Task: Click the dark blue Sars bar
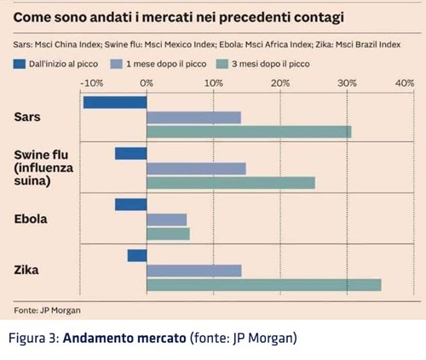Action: (115, 102)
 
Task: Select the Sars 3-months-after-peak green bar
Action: (249, 132)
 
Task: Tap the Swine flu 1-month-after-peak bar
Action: (196, 169)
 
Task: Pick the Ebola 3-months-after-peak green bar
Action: (168, 234)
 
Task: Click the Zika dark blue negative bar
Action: (137, 255)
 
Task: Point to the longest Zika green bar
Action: (264, 285)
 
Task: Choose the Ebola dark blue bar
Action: (131, 204)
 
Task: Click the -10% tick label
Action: (92, 83)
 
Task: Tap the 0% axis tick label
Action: (147, 83)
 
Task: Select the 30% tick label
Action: (347, 83)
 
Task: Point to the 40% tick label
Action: (405, 83)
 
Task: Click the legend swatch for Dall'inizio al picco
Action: (20, 64)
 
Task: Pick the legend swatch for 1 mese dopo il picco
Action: (116, 64)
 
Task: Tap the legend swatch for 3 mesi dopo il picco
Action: (222, 64)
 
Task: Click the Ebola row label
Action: (31, 219)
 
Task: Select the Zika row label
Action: (26, 270)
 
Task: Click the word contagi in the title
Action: (319, 18)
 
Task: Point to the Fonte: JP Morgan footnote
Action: (47, 311)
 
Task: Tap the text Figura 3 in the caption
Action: (33, 338)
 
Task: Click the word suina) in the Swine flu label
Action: (32, 181)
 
